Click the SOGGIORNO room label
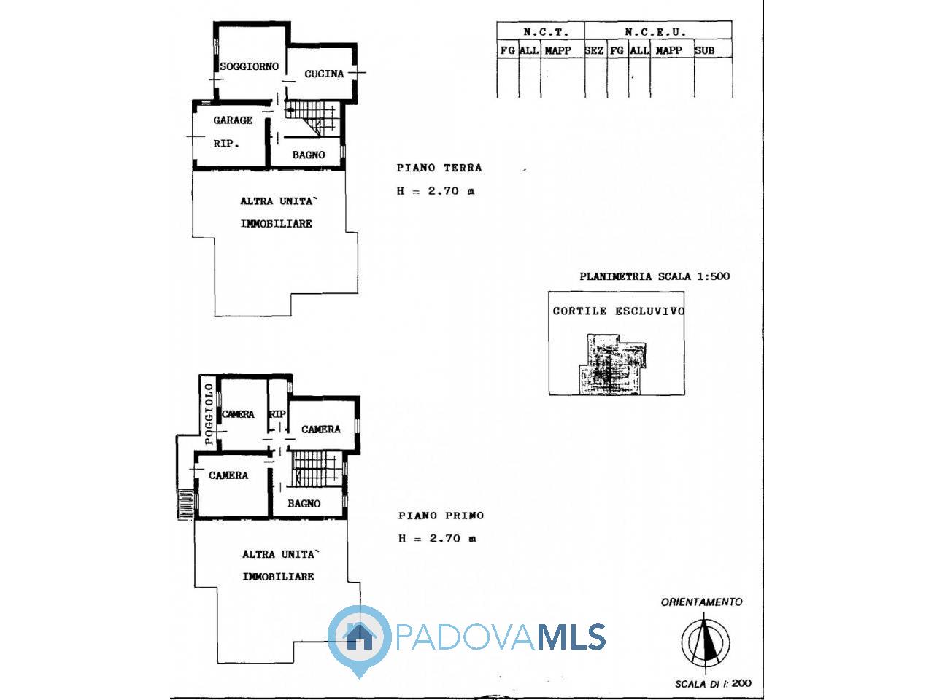click(249, 66)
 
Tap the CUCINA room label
click(324, 74)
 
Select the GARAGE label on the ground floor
click(233, 120)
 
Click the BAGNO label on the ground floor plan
click(309, 155)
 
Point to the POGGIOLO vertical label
click(209, 413)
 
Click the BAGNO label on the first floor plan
click(304, 504)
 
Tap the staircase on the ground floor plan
click(313, 119)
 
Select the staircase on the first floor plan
click(317, 469)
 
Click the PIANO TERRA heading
click(439, 168)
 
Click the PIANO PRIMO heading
click(441, 516)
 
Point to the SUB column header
click(704, 50)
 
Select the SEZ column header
click(594, 50)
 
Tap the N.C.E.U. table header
click(655, 32)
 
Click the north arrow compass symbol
click(706, 642)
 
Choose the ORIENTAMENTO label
click(701, 602)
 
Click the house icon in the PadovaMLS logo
click(360, 637)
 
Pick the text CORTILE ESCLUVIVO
click(618, 311)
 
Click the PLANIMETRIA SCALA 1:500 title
click(655, 276)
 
